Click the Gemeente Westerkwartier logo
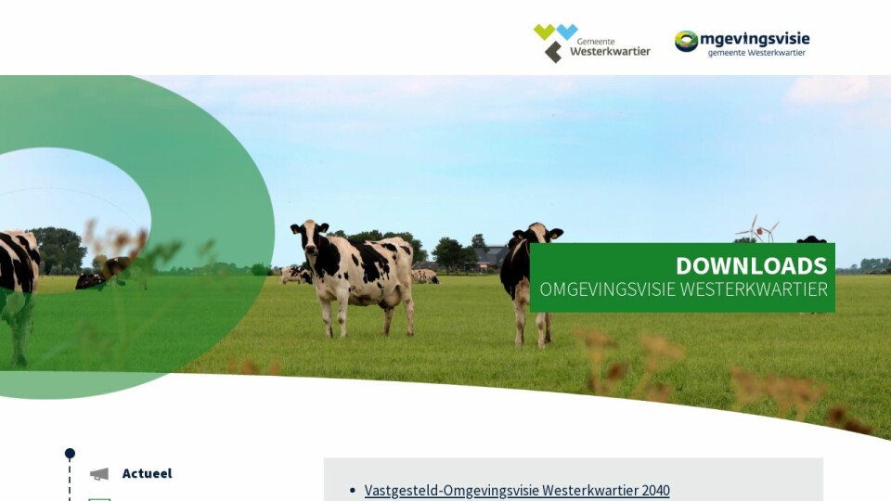pyautogui.click(x=591, y=44)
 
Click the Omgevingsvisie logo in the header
pyautogui.click(x=742, y=44)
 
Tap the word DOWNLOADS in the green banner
pyautogui.click(x=751, y=266)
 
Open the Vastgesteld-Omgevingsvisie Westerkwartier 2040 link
pyautogui.click(x=517, y=490)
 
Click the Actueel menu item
pyautogui.click(x=147, y=473)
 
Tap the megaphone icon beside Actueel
pyautogui.click(x=99, y=474)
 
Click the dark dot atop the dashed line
pyautogui.click(x=70, y=454)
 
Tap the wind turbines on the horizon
pyautogui.click(x=758, y=228)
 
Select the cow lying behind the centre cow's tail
pyautogui.click(x=424, y=276)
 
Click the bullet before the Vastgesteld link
pyautogui.click(x=353, y=490)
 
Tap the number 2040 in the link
pyautogui.click(x=656, y=490)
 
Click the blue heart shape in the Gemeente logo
pyautogui.click(x=566, y=32)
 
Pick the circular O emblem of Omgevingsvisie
pyautogui.click(x=687, y=41)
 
